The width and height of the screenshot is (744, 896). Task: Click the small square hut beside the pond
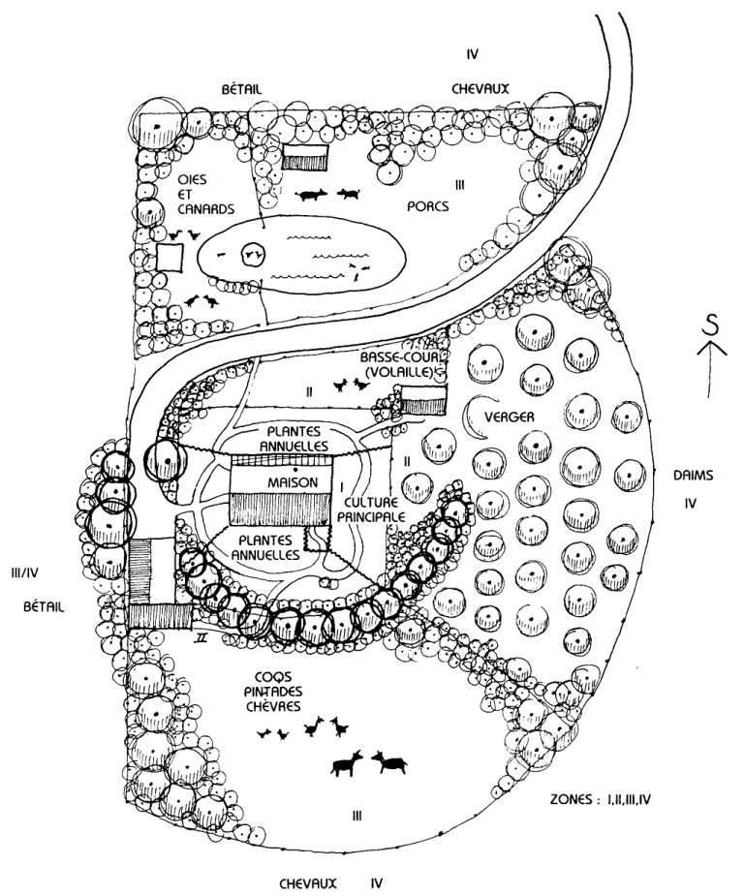170,258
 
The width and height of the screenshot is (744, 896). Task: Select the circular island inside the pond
253,254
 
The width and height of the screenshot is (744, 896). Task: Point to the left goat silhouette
347,765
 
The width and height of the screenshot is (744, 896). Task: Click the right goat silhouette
390,762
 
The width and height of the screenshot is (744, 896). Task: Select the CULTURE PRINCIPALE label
372,511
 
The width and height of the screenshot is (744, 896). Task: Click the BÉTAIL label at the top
242,88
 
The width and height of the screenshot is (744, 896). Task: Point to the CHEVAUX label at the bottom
307,882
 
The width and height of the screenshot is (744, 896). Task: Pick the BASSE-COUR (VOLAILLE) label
398,361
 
